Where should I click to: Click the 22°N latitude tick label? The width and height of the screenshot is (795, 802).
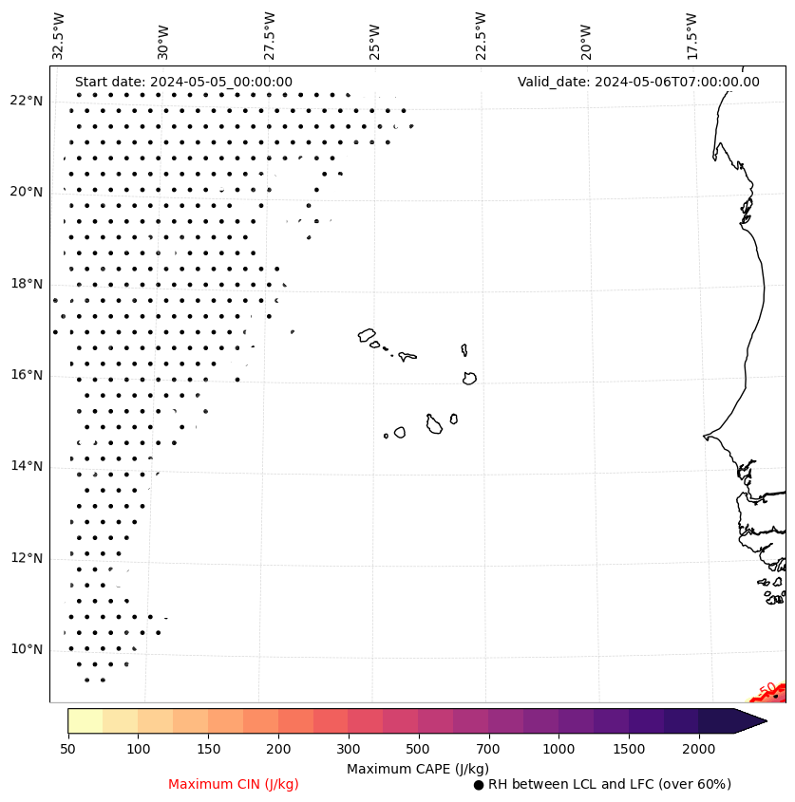click(x=26, y=101)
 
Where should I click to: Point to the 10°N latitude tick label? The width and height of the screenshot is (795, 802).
click(x=26, y=649)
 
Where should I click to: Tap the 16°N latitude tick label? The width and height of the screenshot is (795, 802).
click(x=26, y=375)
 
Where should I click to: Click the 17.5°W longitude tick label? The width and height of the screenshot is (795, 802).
click(x=691, y=35)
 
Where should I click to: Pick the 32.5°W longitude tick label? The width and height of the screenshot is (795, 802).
click(x=59, y=35)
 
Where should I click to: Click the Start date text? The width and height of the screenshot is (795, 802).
click(x=183, y=82)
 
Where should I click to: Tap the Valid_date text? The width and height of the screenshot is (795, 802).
click(x=638, y=82)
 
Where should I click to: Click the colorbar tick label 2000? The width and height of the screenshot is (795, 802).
click(x=699, y=750)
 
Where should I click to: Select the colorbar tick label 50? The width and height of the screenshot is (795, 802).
click(x=67, y=750)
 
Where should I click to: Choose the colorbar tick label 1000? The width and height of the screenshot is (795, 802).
click(x=558, y=750)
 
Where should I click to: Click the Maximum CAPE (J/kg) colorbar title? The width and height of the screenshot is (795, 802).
click(x=418, y=768)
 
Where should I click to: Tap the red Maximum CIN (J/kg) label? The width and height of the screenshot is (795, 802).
click(x=234, y=784)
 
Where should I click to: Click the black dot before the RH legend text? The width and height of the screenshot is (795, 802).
click(x=479, y=785)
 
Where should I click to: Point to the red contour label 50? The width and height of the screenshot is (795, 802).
click(x=767, y=690)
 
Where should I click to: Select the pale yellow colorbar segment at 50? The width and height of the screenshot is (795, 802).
click(x=85, y=720)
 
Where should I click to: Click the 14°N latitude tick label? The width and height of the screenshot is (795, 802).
click(x=26, y=466)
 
